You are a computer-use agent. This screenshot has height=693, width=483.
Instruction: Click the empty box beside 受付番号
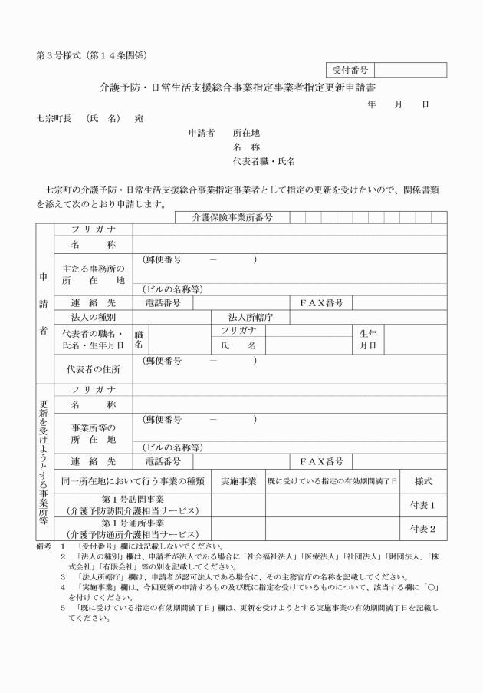(x=409, y=70)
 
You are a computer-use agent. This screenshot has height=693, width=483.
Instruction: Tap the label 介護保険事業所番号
(x=232, y=218)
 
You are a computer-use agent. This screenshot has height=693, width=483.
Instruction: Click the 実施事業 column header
(x=238, y=481)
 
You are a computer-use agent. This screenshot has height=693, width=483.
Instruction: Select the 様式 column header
(x=424, y=481)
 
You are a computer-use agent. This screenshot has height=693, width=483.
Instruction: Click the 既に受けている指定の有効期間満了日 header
(x=333, y=481)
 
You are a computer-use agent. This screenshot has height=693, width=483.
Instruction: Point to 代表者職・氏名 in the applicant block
(x=264, y=162)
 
